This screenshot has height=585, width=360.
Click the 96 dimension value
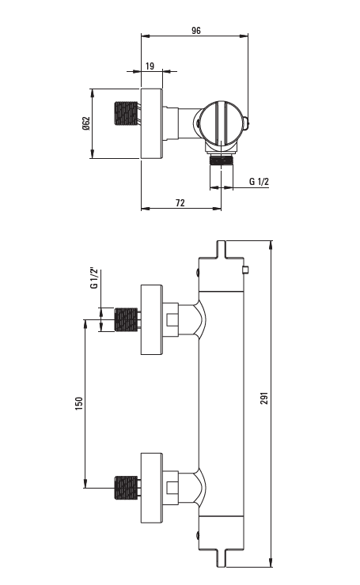point(196,31)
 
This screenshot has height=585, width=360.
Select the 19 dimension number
point(150,66)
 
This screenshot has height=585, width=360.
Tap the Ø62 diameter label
point(86,123)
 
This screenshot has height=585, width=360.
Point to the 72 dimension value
point(180,202)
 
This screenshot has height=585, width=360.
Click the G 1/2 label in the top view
point(259,182)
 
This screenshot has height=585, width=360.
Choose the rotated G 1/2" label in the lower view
point(93,278)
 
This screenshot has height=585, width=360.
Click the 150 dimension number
point(79,404)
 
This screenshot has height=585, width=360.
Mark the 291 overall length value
point(264,398)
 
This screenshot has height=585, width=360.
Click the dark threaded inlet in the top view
point(126,113)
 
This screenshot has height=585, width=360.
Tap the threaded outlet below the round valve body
point(221,160)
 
